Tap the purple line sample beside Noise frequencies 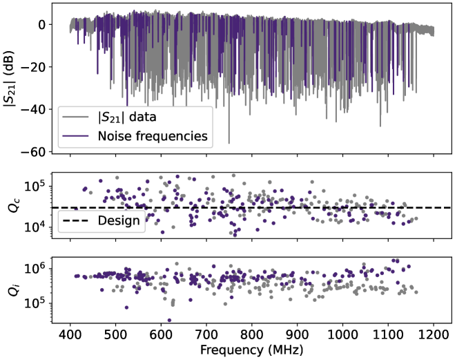coord(75,136)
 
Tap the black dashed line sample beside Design coord(75,221)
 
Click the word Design coord(118,221)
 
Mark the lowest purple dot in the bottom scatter coord(169,320)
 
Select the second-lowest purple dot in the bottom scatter coord(126,307)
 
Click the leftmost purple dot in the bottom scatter coord(76,276)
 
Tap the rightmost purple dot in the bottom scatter coord(409,266)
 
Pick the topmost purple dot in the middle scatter coord(177,176)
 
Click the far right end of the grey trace coord(434,30)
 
